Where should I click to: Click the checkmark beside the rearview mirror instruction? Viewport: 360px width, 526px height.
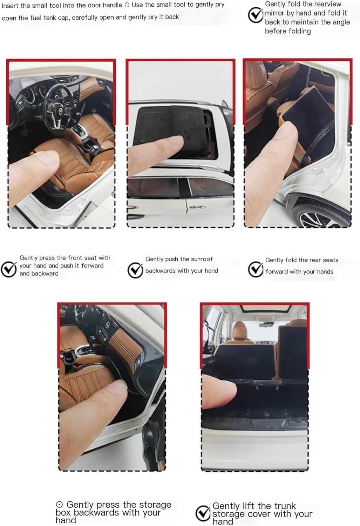[x=255, y=15]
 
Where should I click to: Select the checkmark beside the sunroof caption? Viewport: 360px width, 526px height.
[x=135, y=270]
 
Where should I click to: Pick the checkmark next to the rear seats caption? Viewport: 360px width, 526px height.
[x=256, y=269]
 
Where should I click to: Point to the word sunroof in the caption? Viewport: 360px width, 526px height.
[x=202, y=259]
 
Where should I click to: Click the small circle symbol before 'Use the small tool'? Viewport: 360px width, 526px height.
[x=127, y=5]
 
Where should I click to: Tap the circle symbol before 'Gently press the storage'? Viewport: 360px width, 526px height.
[x=60, y=504]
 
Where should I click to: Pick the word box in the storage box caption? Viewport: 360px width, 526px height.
[x=63, y=513]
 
